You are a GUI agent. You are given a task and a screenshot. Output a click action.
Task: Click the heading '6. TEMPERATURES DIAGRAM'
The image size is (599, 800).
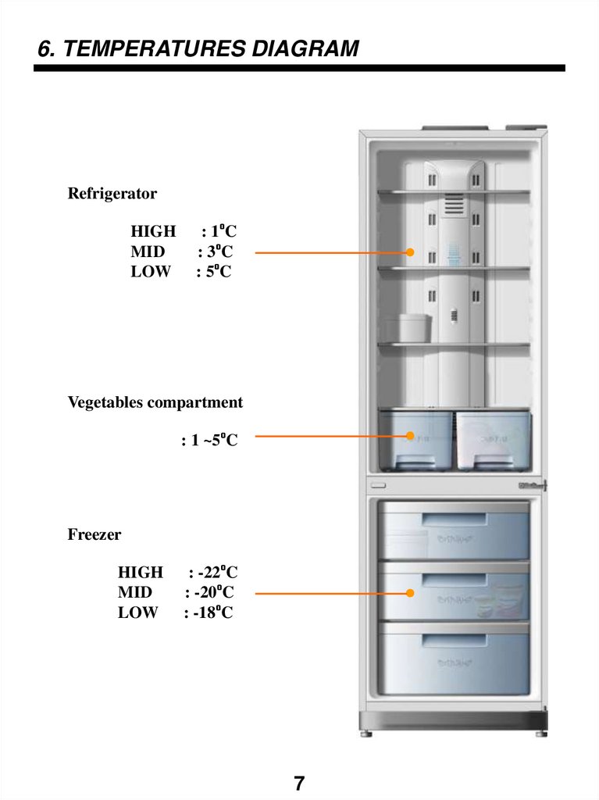pos(198,49)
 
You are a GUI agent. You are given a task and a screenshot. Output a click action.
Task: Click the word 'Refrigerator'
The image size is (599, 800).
pos(112,193)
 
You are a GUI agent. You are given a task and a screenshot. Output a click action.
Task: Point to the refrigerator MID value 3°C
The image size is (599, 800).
pos(219,252)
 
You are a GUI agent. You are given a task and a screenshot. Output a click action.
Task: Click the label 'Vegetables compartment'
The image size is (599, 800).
pos(155,402)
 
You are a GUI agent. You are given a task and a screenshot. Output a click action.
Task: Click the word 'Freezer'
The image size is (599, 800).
pos(94,535)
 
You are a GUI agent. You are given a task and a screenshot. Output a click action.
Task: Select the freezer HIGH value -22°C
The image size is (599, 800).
pos(215,573)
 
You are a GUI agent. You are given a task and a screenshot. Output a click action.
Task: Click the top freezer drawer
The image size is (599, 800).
pos(453,531)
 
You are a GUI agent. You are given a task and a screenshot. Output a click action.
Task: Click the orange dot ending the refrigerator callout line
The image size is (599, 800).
pos(408,252)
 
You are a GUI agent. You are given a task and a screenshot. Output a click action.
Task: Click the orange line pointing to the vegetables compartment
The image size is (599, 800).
pos(328,437)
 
